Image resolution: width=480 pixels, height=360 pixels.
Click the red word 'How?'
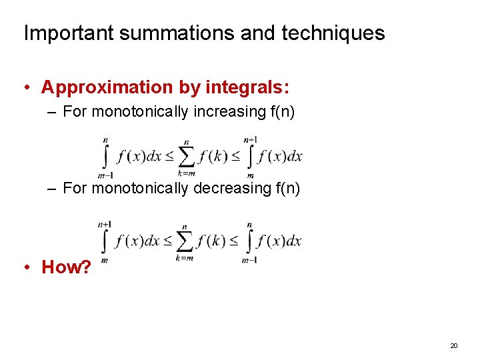(66, 267)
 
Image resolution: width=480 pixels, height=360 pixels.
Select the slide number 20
(454, 345)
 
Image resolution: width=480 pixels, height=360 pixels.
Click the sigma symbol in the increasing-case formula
(187, 157)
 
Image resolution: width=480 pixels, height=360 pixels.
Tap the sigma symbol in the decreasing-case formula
(185, 241)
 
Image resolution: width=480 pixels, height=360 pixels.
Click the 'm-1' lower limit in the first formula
(105, 175)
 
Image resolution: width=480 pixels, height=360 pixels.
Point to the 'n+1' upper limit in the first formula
(251, 140)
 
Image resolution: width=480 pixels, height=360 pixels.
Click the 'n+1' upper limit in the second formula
(104, 225)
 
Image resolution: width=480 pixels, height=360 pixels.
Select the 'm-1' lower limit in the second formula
(249, 259)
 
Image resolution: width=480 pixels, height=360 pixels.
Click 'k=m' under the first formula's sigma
(187, 173)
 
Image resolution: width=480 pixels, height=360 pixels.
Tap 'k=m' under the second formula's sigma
(185, 258)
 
